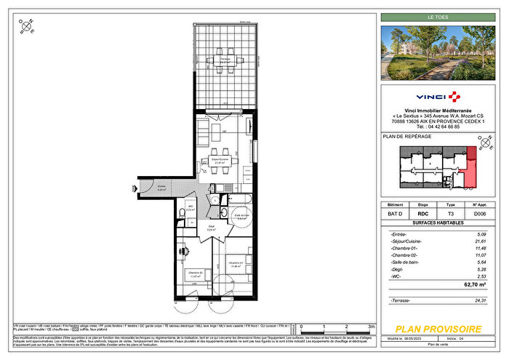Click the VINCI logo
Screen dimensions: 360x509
pos(438,96)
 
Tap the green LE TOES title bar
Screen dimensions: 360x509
pos(438,17)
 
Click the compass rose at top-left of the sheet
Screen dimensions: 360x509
pos(27,29)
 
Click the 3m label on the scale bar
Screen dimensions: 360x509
pos(372,327)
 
